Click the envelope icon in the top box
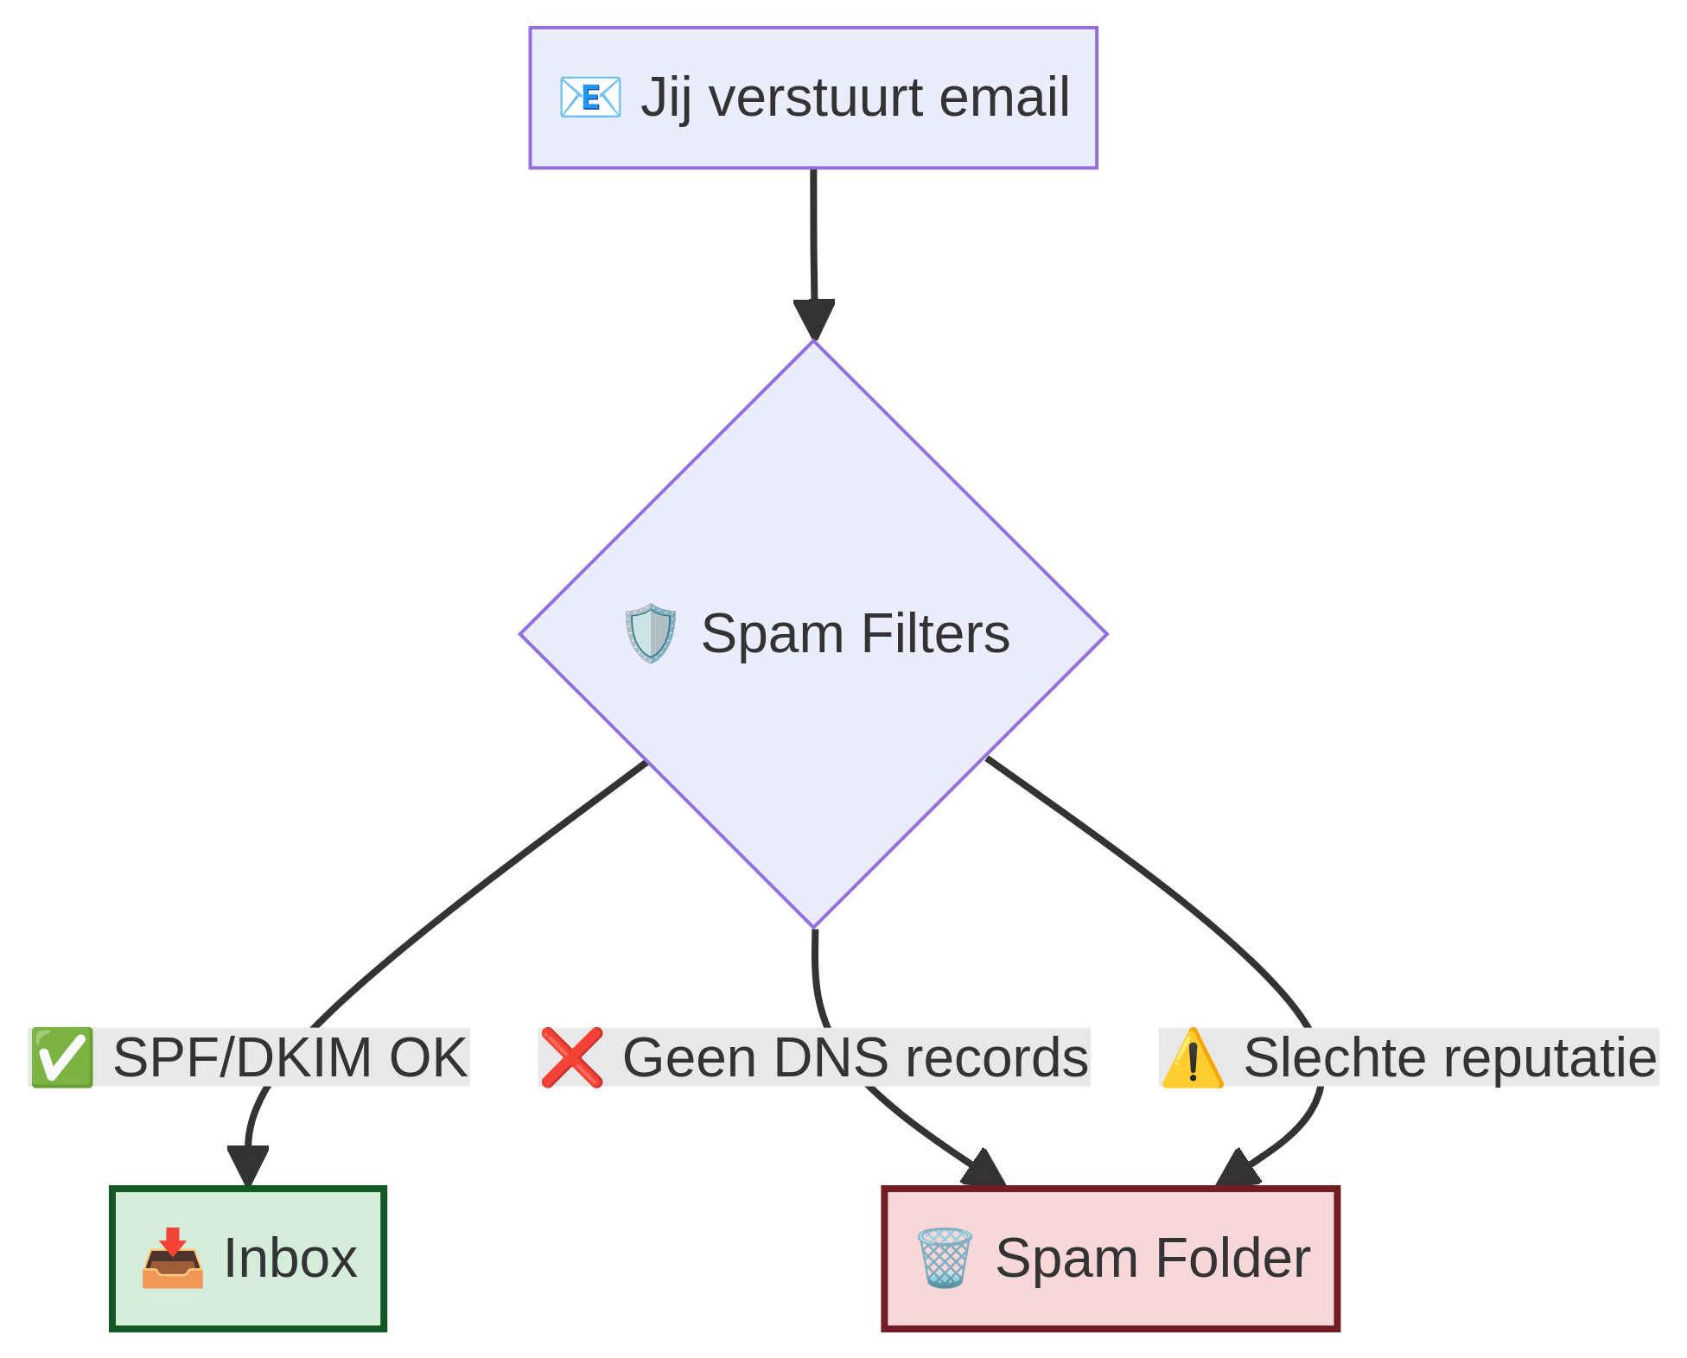pos(589,97)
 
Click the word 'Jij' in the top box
pos(665,97)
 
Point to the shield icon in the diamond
pos(650,633)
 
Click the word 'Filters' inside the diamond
pos(935,633)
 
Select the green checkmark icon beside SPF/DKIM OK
pos(61,1057)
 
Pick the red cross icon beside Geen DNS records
pos(571,1057)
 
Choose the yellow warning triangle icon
pos(1192,1057)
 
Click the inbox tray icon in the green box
pos(173,1259)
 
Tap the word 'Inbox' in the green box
pos(290,1259)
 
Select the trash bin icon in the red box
pos(944,1259)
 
